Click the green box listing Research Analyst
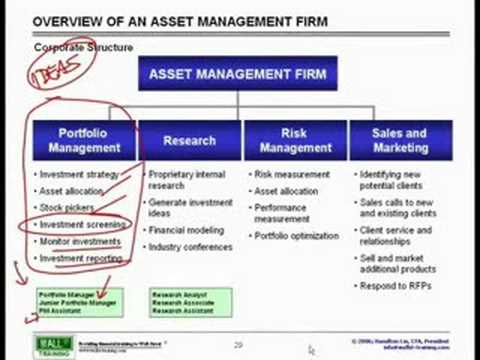click(x=190, y=302)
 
